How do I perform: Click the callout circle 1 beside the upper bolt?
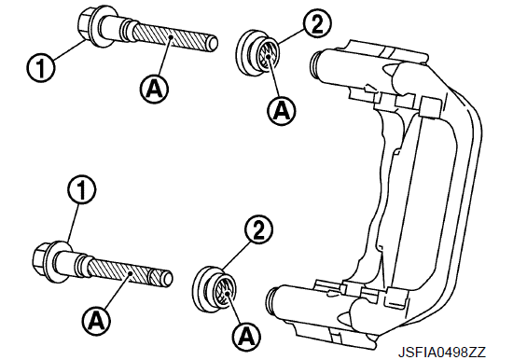pyautogui.click(x=40, y=68)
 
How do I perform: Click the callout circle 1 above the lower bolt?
pyautogui.click(x=81, y=190)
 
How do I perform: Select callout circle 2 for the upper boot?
pyautogui.click(x=317, y=24)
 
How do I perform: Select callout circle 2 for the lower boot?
pyautogui.click(x=258, y=229)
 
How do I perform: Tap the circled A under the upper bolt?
pyautogui.click(x=155, y=89)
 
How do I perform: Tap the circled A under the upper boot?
pyautogui.click(x=282, y=111)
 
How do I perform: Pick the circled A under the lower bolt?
pyautogui.click(x=96, y=319)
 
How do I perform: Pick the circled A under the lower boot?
pyautogui.click(x=247, y=336)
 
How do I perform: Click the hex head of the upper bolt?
pyautogui.click(x=85, y=24)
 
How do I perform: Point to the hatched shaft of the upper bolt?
pyautogui.click(x=169, y=37)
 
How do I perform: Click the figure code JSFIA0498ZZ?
pyautogui.click(x=442, y=353)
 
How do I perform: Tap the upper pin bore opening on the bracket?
pyautogui.click(x=314, y=64)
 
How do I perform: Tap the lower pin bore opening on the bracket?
pyautogui.click(x=272, y=301)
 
